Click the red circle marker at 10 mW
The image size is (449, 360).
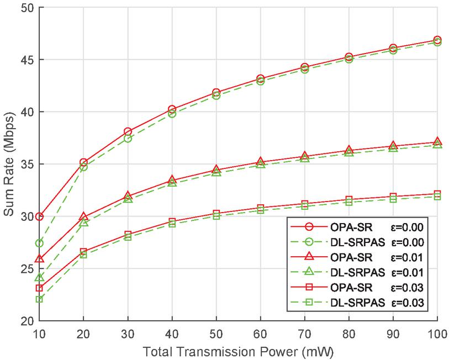(39, 216)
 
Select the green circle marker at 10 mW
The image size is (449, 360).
(39, 243)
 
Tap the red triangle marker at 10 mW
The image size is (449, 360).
(39, 258)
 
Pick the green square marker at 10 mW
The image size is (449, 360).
(39, 299)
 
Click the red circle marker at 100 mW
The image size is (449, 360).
(437, 40)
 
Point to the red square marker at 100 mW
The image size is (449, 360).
(437, 194)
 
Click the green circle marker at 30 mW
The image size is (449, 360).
(128, 138)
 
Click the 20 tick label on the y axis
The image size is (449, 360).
(26, 321)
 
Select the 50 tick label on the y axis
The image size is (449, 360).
(26, 8)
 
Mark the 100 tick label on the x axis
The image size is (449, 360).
(437, 333)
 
